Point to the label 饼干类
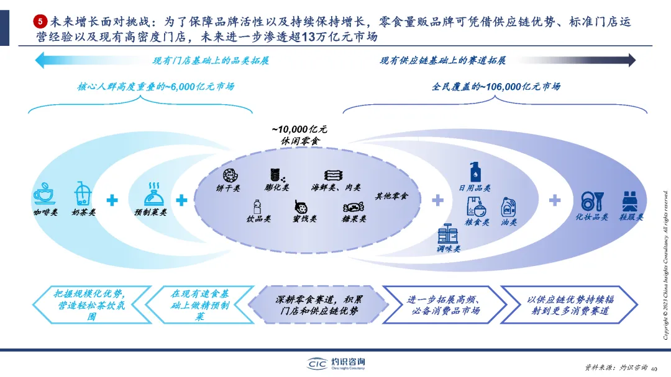[227, 188]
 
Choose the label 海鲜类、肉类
[335, 188]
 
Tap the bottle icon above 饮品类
[257, 206]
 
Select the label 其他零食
[391, 196]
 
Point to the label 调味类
[448, 249]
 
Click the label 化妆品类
[591, 218]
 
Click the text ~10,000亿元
[299, 129]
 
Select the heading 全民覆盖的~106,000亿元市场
[495, 87]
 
